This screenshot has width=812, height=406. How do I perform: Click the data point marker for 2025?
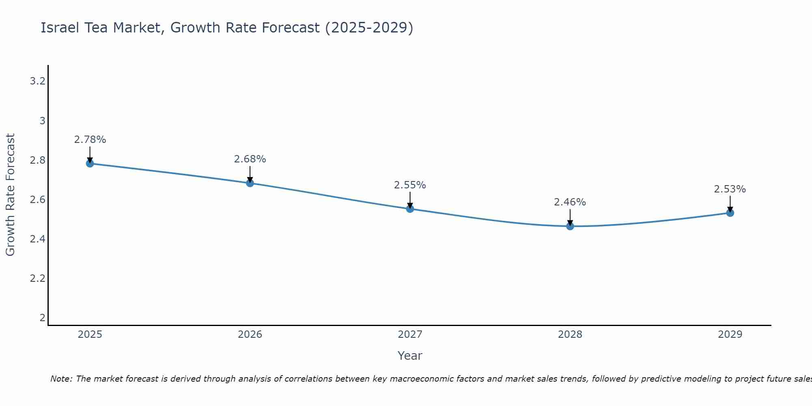[x=90, y=164]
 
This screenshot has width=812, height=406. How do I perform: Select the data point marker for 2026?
[x=250, y=183]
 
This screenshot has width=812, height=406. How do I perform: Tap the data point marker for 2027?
[x=410, y=209]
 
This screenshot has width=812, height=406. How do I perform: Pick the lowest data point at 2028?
[x=570, y=226]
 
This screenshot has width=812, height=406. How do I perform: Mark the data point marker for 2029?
[x=730, y=213]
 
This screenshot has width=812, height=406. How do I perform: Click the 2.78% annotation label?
[x=90, y=140]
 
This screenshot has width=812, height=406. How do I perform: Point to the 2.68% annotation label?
[x=250, y=159]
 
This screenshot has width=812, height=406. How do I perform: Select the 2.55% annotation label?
[x=410, y=185]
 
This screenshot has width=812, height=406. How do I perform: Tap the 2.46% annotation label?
[x=570, y=202]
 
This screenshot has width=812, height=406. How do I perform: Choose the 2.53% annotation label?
[x=730, y=189]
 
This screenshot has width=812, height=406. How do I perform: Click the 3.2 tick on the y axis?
[x=37, y=81]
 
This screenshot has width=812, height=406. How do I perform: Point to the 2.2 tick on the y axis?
[x=37, y=279]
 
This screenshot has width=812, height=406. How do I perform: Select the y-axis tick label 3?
[x=42, y=121]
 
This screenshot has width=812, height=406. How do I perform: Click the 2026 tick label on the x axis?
[x=250, y=335]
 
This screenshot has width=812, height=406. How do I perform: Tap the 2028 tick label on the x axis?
[x=570, y=335]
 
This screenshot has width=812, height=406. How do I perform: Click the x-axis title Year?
[x=410, y=356]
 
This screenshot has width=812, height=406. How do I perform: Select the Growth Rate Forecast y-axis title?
[x=10, y=195]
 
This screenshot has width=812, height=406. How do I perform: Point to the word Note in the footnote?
[x=61, y=379]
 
